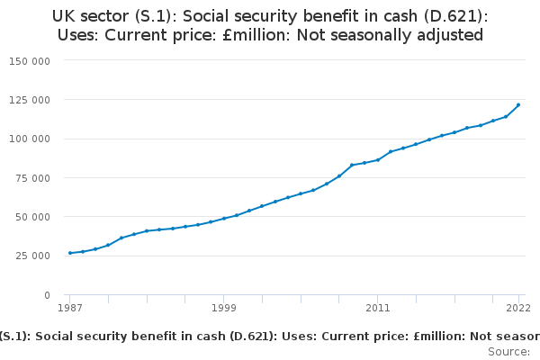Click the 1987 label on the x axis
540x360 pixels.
[x=69, y=308]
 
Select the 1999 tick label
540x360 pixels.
[x=224, y=308]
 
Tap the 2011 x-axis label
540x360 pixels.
[x=378, y=308]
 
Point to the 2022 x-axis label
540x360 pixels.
[x=518, y=308]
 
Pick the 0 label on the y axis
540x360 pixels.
[x=47, y=295]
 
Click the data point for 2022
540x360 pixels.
[x=518, y=105]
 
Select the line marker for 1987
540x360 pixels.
[x=69, y=253]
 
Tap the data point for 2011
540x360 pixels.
[x=378, y=159]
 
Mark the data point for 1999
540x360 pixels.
[x=224, y=218]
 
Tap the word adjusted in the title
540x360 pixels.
[x=452, y=35]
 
